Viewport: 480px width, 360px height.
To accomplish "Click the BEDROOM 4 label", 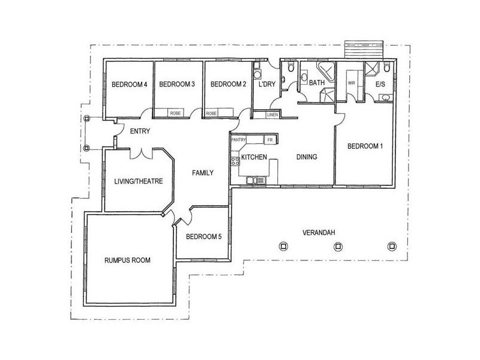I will click(x=129, y=85).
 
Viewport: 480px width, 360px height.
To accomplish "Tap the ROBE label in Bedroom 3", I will click(x=175, y=113).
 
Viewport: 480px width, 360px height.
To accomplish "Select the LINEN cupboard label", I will click(x=272, y=114).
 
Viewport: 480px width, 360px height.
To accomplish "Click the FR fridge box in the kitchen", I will click(x=269, y=139).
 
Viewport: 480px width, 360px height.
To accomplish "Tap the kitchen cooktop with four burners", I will click(x=235, y=161).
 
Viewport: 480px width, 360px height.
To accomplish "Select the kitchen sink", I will click(x=257, y=179).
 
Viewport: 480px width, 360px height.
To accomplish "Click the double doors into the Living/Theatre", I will click(x=142, y=153).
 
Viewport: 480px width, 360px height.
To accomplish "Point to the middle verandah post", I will click(x=338, y=245).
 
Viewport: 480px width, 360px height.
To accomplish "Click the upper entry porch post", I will click(x=87, y=119).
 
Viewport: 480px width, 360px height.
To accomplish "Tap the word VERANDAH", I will click(x=318, y=232).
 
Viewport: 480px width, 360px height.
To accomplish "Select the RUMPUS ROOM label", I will click(x=127, y=260).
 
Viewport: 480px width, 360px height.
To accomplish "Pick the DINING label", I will click(x=306, y=157).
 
